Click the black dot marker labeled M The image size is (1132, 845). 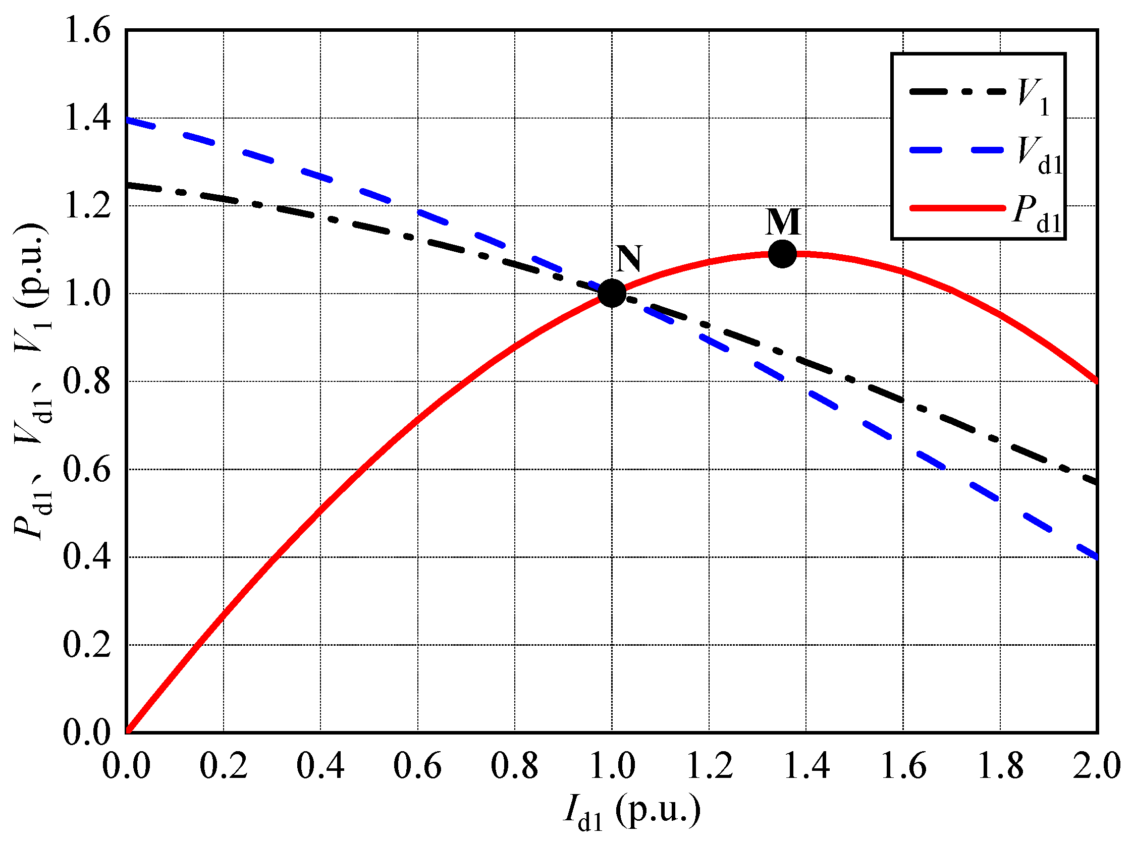(782, 254)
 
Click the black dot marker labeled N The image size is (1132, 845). (612, 293)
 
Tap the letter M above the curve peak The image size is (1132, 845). (783, 222)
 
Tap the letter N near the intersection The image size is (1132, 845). (628, 259)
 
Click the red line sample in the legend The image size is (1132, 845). (957, 208)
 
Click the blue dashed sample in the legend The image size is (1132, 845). (957, 150)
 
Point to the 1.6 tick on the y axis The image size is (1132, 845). (87, 31)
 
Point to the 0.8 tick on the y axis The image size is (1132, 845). (87, 381)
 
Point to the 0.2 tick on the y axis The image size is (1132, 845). (87, 645)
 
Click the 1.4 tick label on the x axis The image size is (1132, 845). (806, 766)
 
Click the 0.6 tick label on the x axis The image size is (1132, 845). (417, 766)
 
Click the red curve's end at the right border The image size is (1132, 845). (1096, 380)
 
